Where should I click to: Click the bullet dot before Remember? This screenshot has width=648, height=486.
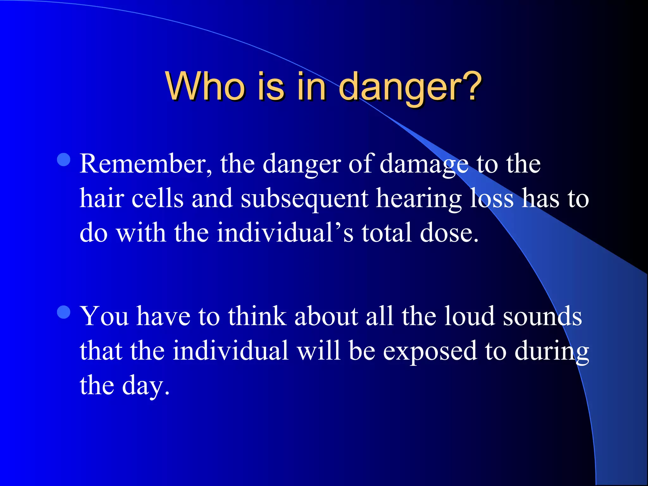pyautogui.click(x=64, y=160)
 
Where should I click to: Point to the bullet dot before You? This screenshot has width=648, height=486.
pyautogui.click(x=64, y=312)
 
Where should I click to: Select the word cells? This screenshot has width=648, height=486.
pyautogui.click(x=157, y=198)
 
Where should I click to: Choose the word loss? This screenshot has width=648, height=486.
pyautogui.click(x=492, y=198)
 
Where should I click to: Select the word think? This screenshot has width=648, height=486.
pyautogui.click(x=257, y=316)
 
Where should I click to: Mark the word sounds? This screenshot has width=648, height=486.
pyautogui.click(x=542, y=316)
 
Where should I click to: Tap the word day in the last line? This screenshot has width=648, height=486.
pyautogui.click(x=145, y=386)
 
